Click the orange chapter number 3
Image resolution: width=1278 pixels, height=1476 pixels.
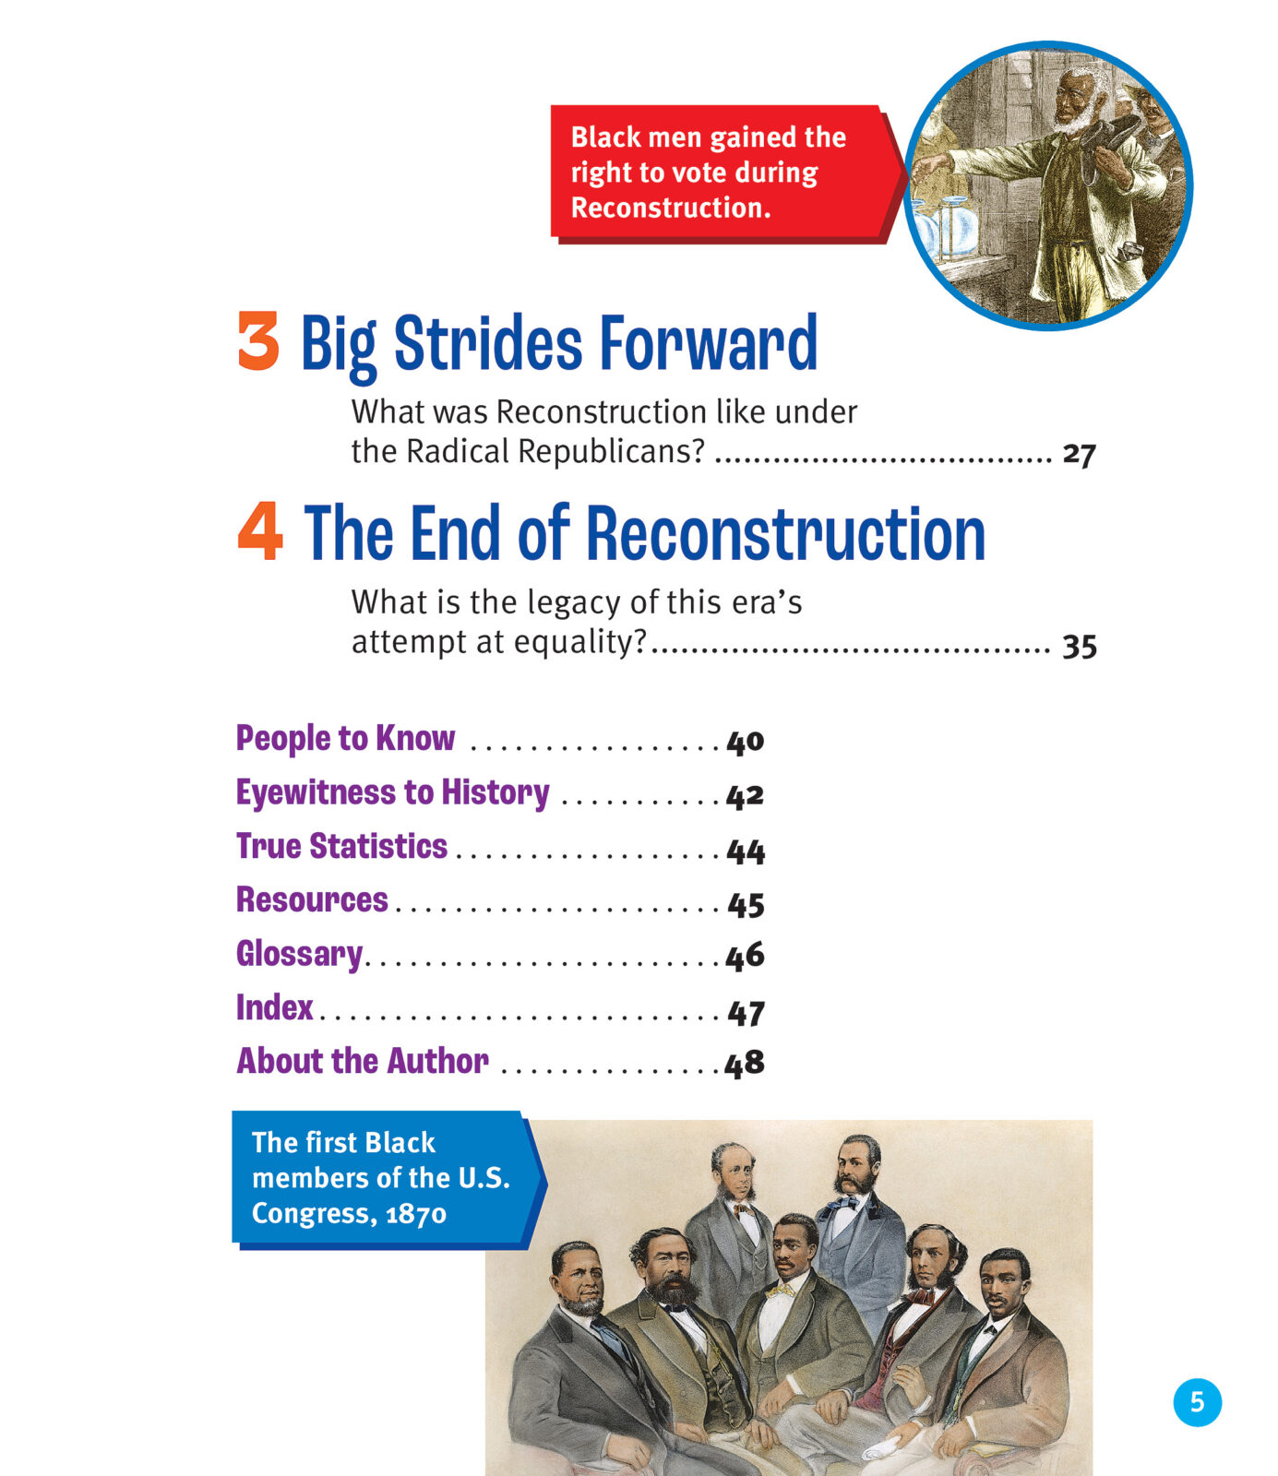pyautogui.click(x=258, y=341)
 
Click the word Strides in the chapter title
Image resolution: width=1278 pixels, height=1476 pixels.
pyautogui.click(x=488, y=343)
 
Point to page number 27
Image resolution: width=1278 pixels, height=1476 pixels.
pyautogui.click(x=1079, y=454)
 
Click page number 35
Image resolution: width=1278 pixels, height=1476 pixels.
pyautogui.click(x=1079, y=646)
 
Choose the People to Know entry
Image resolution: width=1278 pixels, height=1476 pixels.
pyautogui.click(x=345, y=739)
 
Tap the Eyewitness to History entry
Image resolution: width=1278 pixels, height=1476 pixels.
pyautogui.click(x=392, y=793)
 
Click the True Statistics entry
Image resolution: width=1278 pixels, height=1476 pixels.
pyautogui.click(x=341, y=846)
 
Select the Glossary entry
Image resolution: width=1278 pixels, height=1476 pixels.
pyautogui.click(x=299, y=954)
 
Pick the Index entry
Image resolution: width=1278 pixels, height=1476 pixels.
pyautogui.click(x=274, y=1007)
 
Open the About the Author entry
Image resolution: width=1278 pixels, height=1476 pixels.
pyautogui.click(x=363, y=1061)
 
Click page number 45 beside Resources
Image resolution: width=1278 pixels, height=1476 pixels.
pyautogui.click(x=746, y=904)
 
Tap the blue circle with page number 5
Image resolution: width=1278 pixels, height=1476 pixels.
pyautogui.click(x=1197, y=1402)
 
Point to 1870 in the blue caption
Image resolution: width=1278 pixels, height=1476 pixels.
pyautogui.click(x=415, y=1214)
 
